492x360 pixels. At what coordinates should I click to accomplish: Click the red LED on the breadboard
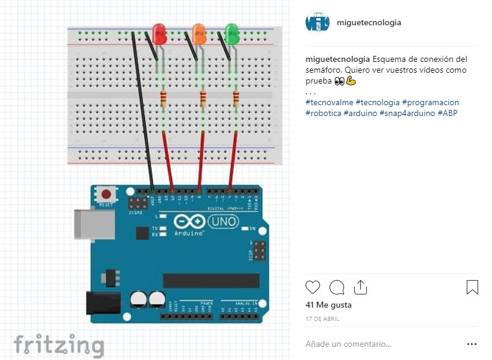(x=159, y=34)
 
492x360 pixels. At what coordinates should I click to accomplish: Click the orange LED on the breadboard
(x=198, y=34)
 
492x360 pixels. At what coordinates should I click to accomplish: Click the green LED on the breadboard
(x=232, y=34)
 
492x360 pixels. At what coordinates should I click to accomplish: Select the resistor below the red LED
(x=164, y=100)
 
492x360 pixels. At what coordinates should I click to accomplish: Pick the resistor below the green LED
(x=235, y=100)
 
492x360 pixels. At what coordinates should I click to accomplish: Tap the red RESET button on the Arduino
(x=106, y=195)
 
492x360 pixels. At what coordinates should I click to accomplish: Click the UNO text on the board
(x=223, y=222)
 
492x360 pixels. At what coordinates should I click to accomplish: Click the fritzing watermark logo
(x=58, y=345)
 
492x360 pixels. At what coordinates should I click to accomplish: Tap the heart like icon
(x=313, y=287)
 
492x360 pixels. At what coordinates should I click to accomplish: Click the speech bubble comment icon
(x=337, y=287)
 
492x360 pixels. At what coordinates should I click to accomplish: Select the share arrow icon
(x=360, y=287)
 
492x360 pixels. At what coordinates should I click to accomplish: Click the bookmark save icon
(x=472, y=287)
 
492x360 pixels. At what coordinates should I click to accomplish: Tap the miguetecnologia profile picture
(x=317, y=23)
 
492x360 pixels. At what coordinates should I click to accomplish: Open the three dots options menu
(x=472, y=344)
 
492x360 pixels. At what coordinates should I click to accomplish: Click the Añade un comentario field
(x=348, y=344)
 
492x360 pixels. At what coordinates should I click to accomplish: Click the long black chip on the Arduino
(x=211, y=281)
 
